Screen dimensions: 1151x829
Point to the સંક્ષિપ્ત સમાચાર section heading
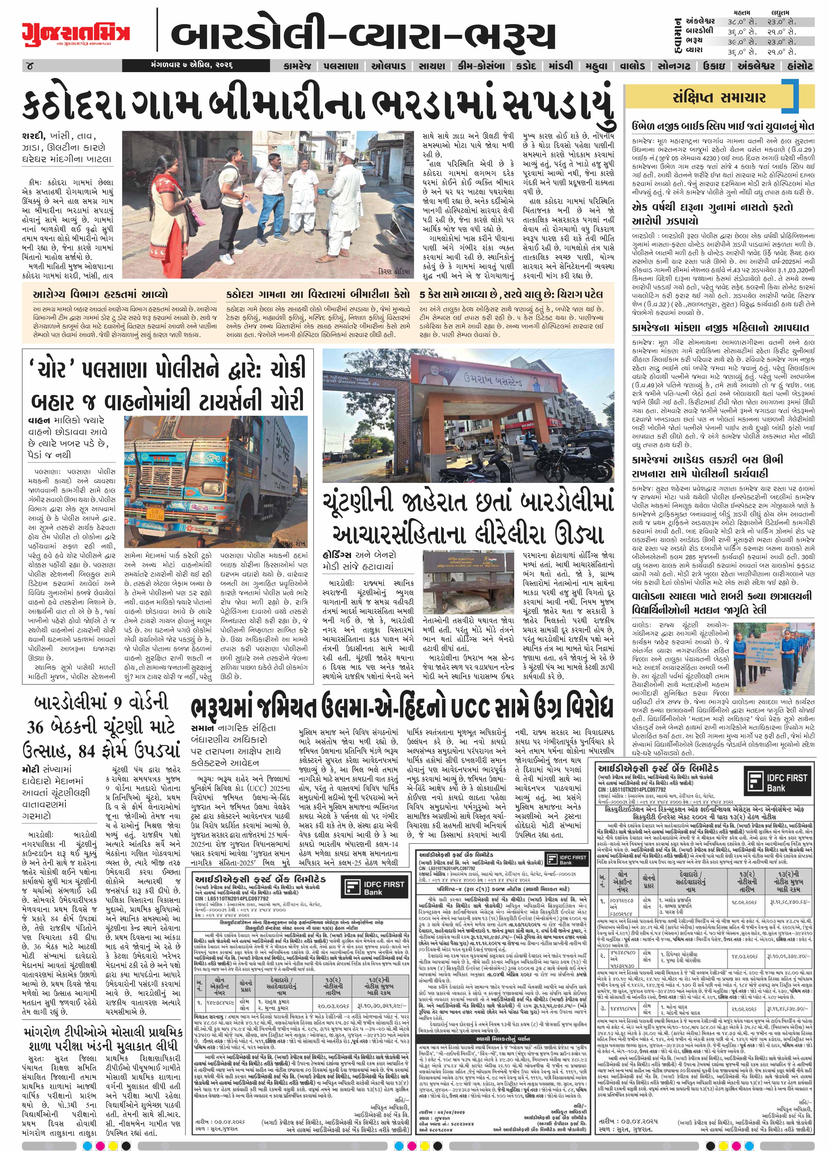pos(719,98)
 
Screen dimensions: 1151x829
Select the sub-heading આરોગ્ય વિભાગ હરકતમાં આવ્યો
pos(100,294)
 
